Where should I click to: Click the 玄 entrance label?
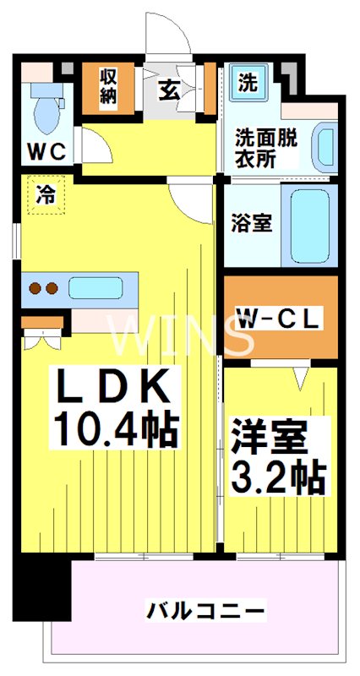click(170, 89)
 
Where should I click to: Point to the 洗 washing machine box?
click(247, 83)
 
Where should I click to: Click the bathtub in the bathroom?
click(308, 224)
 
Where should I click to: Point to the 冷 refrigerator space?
click(45, 196)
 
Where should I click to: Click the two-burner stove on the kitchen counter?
click(41, 288)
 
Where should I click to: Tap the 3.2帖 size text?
click(278, 479)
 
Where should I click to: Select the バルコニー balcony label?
click(206, 609)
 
